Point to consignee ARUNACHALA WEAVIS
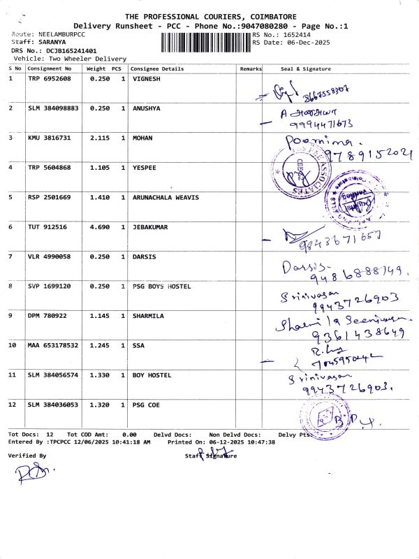click(x=166, y=198)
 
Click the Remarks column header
click(x=251, y=69)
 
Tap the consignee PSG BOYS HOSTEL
click(x=161, y=286)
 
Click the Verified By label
click(x=27, y=456)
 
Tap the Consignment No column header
click(x=50, y=69)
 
